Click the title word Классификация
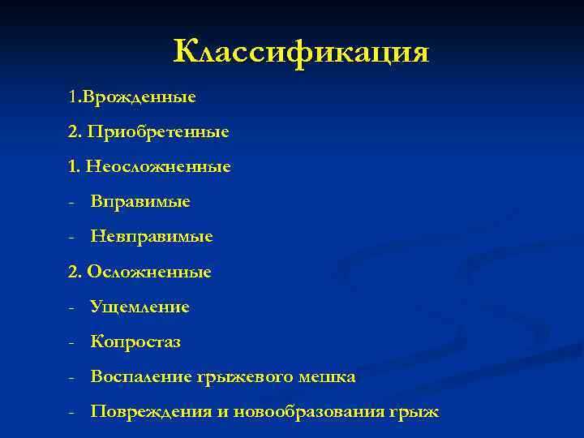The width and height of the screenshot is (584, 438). (x=301, y=53)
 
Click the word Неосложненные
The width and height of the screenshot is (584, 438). (x=159, y=166)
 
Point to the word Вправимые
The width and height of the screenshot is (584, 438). (x=140, y=201)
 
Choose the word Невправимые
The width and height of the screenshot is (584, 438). (x=152, y=237)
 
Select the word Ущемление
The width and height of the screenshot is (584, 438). (x=140, y=307)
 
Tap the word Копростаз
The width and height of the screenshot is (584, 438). (x=135, y=342)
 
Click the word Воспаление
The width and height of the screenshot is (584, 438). (x=141, y=377)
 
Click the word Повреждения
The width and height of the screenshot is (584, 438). (x=152, y=412)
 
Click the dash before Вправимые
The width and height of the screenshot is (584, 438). (x=72, y=202)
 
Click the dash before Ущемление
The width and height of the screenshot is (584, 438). (x=72, y=307)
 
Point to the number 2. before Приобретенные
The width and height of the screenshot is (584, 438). (x=75, y=131)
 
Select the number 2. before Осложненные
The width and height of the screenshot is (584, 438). (x=75, y=272)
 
